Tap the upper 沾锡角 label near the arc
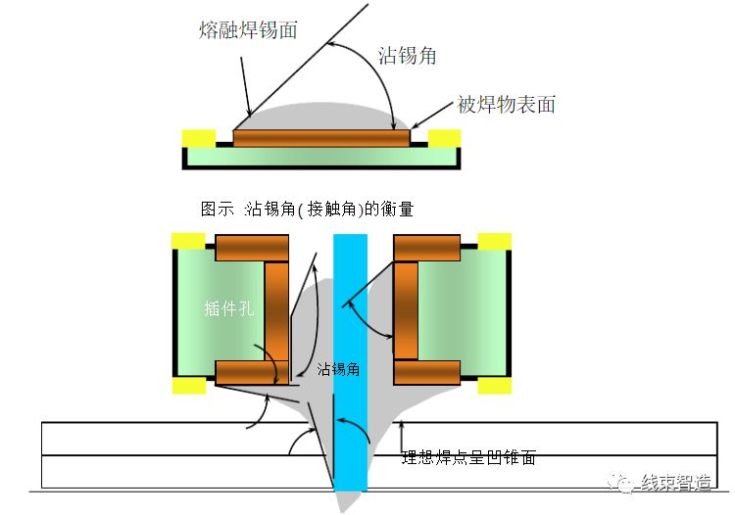click(407, 56)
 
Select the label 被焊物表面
click(506, 105)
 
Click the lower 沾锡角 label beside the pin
click(339, 369)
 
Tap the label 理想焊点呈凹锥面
click(468, 457)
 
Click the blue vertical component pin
click(349, 362)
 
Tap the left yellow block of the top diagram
click(199, 137)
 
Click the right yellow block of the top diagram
click(445, 137)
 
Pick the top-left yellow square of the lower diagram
click(188, 241)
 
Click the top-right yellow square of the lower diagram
click(495, 241)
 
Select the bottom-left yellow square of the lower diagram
click(188, 385)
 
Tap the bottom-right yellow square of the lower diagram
click(495, 385)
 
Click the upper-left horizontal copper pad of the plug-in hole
click(252, 248)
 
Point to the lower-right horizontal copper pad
click(426, 373)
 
